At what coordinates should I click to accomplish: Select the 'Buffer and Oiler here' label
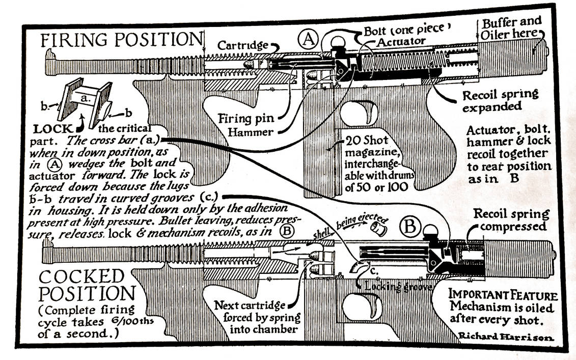tap(510, 28)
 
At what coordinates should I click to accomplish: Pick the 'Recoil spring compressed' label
tap(511, 219)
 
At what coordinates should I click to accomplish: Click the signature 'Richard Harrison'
tap(506, 337)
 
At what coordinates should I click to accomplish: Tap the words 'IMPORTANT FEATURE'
tap(502, 295)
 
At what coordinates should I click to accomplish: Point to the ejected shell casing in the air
tap(379, 229)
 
